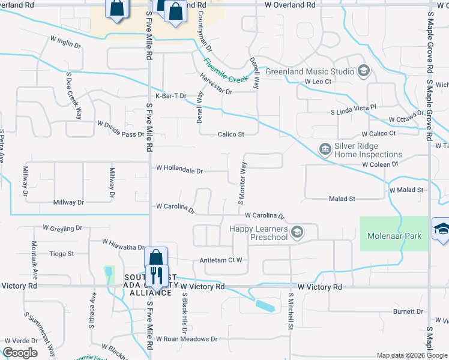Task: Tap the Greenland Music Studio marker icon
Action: (363, 72)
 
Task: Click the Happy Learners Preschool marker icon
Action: (297, 232)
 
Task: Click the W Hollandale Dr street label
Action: (179, 170)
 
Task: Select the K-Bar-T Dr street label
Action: (172, 96)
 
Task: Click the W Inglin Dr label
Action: (65, 43)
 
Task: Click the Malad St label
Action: (342, 198)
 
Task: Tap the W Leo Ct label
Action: (318, 81)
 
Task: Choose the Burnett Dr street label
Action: (408, 311)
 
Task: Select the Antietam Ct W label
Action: (221, 260)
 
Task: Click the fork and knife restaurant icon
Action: (157, 276)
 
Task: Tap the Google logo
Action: (20, 353)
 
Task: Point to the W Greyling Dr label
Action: (62, 228)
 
